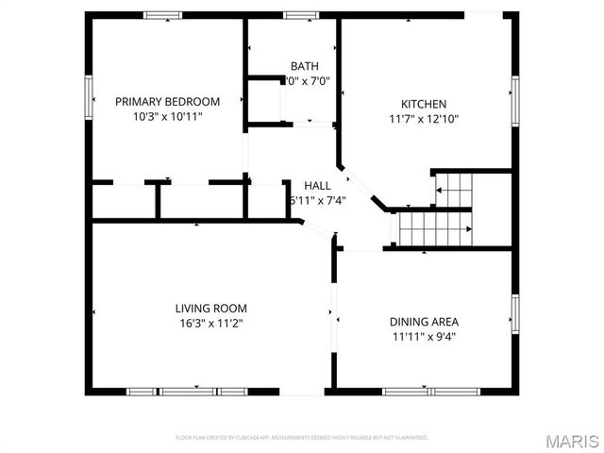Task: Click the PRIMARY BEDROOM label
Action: click(x=167, y=102)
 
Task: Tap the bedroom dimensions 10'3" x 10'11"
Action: click(x=167, y=117)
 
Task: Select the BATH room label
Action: click(x=304, y=66)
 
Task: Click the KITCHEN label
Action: click(x=424, y=104)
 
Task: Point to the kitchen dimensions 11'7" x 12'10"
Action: click(x=424, y=119)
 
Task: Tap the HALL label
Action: click(x=316, y=185)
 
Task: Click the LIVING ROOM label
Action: click(x=210, y=308)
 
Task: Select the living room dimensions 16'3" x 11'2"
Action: click(x=210, y=323)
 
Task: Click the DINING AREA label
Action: click(x=424, y=321)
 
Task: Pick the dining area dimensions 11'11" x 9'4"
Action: click(x=424, y=336)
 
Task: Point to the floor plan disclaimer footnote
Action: click(x=302, y=438)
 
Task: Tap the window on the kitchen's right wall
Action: click(x=514, y=99)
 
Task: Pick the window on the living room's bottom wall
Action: click(x=186, y=391)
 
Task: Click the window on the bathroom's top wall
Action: click(x=301, y=15)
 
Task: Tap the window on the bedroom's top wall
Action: click(x=162, y=15)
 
